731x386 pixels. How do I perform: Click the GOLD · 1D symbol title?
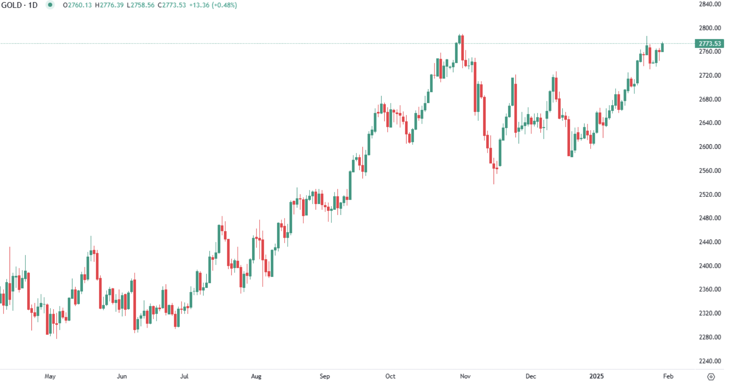tap(19, 5)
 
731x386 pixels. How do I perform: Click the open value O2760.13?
tap(77, 5)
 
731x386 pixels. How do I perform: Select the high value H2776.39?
tap(109, 5)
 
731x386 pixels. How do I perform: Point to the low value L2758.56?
tap(141, 5)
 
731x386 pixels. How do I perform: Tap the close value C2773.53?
tap(172, 5)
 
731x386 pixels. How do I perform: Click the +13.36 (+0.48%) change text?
tap(213, 5)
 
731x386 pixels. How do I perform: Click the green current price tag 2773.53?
tap(709, 44)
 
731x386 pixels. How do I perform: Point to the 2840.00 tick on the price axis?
tap(710, 4)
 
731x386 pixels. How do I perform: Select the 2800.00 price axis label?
tap(710, 28)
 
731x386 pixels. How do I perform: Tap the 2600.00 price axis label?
tap(710, 147)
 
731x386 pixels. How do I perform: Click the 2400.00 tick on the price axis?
tap(710, 266)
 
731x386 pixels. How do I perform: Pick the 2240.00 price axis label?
tap(710, 361)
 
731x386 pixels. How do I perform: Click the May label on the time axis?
tap(50, 376)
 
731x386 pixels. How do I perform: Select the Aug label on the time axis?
tap(256, 376)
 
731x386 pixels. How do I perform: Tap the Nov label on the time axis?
tap(465, 376)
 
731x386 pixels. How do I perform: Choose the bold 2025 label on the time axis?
tap(596, 376)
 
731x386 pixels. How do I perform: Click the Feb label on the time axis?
tap(668, 376)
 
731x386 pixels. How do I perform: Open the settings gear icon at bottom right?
tap(711, 377)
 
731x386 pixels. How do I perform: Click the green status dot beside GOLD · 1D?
tap(50, 5)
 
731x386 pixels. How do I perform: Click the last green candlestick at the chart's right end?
tap(662, 48)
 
